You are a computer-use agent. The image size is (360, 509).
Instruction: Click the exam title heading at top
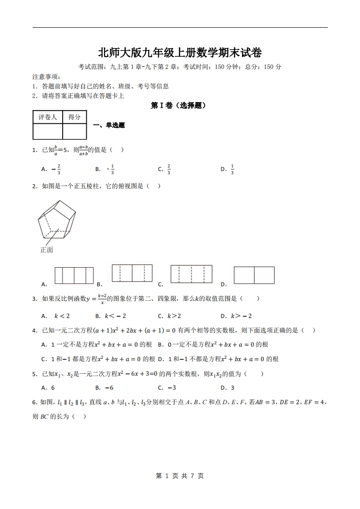[x=180, y=53]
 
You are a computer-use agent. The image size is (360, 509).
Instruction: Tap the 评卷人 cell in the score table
[x=48, y=117]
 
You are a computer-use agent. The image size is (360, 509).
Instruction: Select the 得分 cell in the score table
[x=74, y=117]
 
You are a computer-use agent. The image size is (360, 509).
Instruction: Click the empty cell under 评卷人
[x=48, y=131]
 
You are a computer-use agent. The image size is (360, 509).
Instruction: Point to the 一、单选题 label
[x=108, y=125]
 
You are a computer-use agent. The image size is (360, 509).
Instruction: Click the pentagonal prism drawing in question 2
[x=57, y=220]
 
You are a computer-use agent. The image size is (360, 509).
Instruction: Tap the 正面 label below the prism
[x=47, y=250]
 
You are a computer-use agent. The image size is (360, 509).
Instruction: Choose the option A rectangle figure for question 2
[x=74, y=276]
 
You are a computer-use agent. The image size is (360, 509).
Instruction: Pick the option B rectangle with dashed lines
[x=132, y=273]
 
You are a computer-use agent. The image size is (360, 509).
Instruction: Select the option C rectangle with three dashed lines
[x=191, y=274]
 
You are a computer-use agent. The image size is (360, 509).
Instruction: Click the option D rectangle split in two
[x=254, y=275]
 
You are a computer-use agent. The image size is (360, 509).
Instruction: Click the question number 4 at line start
[x=35, y=330]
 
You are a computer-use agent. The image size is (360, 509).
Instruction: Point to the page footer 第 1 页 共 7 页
[x=180, y=475]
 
